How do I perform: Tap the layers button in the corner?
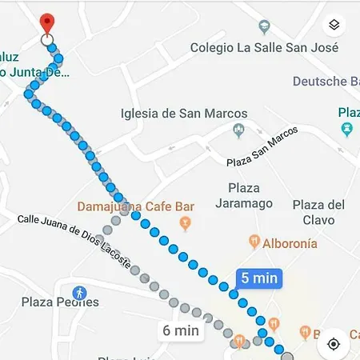[x=334, y=24]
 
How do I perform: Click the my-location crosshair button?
[x=334, y=343]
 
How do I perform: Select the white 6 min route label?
[x=180, y=330]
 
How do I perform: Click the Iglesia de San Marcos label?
[x=183, y=114]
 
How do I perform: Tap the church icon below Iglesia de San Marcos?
[x=237, y=130]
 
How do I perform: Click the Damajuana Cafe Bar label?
[x=135, y=206]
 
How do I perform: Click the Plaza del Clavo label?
[x=318, y=212]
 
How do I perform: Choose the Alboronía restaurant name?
[x=289, y=243]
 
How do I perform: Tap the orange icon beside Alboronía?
[x=254, y=240]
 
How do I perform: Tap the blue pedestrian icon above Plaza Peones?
[x=78, y=293]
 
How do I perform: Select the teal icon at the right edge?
[x=346, y=129]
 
